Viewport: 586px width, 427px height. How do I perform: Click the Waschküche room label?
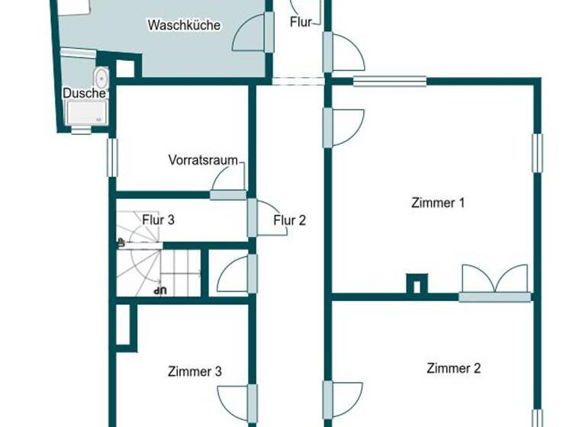pos(184,25)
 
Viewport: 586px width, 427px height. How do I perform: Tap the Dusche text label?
pos(84,93)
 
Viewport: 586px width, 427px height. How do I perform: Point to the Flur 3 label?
pos(159,220)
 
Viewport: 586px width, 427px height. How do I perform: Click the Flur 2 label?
pos(290,221)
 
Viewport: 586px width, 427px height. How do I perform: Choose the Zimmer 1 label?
pos(438,203)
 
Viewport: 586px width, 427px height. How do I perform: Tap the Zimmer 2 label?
pos(453,368)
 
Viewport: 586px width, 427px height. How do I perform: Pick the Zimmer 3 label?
pos(195,372)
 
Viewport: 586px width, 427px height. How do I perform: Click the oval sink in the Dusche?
pos(101,77)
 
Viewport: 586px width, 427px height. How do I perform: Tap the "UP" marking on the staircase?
pos(159,290)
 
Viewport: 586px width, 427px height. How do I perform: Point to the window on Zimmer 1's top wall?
pos(389,81)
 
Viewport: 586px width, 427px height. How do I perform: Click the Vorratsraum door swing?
pos(230,181)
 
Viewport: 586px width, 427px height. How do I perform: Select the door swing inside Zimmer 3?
pos(234,401)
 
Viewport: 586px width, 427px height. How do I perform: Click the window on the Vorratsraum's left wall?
pos(112,157)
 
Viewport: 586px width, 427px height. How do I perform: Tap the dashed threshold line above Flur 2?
pos(290,81)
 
